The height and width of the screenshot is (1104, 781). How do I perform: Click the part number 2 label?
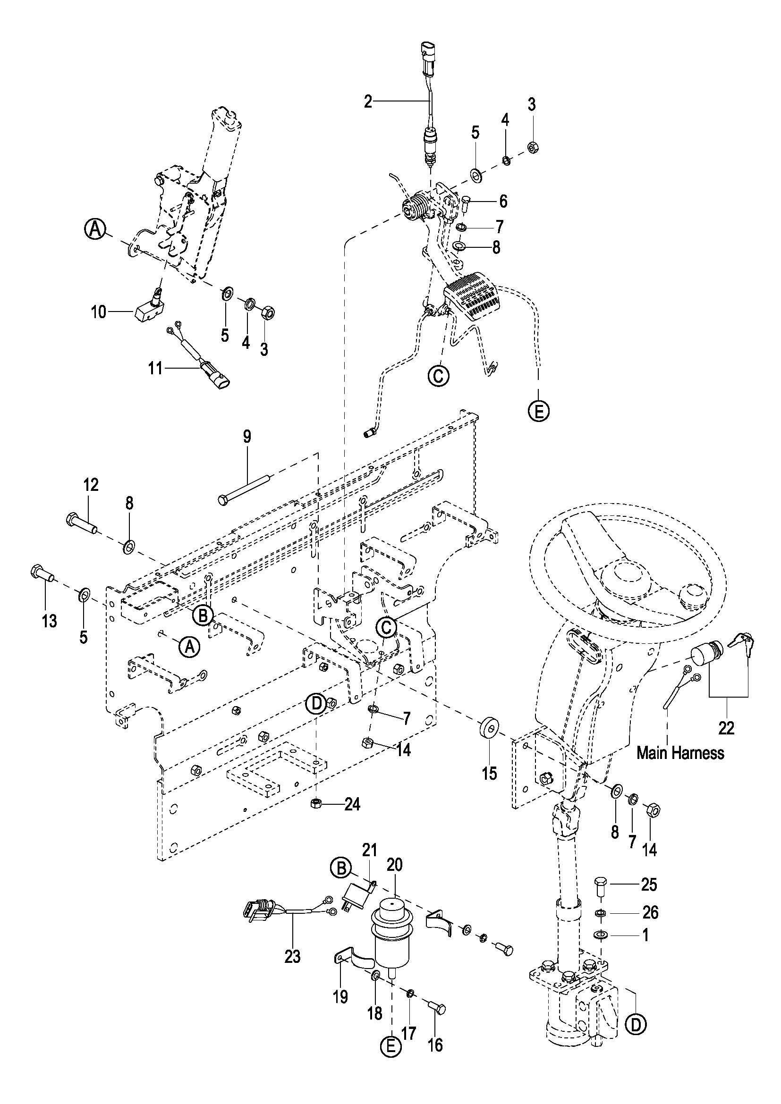point(368,102)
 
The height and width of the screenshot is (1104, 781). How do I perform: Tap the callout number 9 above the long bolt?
point(246,437)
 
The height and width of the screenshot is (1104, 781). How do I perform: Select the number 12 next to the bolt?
point(91,485)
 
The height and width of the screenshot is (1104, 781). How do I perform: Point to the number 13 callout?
point(49,621)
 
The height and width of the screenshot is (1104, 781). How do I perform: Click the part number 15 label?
point(490,774)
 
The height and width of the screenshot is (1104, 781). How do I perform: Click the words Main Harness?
point(680,753)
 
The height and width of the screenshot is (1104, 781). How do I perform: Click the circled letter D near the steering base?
point(636,1025)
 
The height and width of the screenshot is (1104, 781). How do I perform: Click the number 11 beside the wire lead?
point(155,369)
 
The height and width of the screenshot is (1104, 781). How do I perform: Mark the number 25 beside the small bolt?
point(649,885)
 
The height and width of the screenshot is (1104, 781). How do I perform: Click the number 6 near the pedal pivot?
point(503,201)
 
